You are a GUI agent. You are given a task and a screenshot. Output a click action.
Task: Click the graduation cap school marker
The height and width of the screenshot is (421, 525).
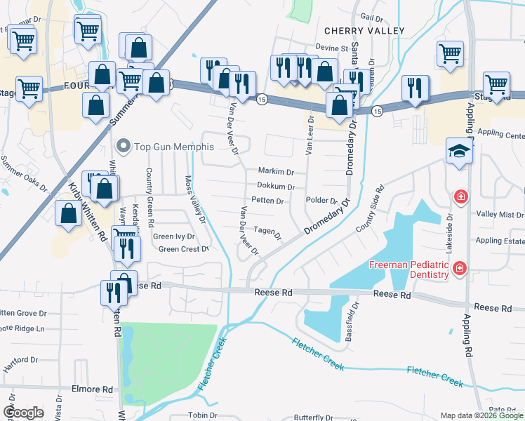(x=459, y=152)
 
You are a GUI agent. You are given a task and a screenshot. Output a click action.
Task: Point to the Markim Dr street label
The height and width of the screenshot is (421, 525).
(x=276, y=172)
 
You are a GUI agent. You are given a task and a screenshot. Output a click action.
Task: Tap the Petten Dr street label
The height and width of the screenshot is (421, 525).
(x=267, y=201)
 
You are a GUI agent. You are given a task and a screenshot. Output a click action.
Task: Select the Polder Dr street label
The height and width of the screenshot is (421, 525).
(x=322, y=201)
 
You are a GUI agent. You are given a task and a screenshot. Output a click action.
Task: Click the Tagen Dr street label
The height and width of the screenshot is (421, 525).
(x=267, y=230)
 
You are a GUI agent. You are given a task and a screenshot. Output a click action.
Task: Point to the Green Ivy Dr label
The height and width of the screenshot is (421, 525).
(x=173, y=236)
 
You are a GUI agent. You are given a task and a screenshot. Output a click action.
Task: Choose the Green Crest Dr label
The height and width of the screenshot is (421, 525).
(x=184, y=249)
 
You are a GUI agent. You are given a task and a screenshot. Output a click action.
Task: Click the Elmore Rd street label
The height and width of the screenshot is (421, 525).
(x=98, y=389)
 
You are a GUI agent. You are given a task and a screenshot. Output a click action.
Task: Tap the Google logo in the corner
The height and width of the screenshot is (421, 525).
(x=23, y=413)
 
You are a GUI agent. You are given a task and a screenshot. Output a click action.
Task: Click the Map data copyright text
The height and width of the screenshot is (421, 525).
(x=481, y=415)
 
